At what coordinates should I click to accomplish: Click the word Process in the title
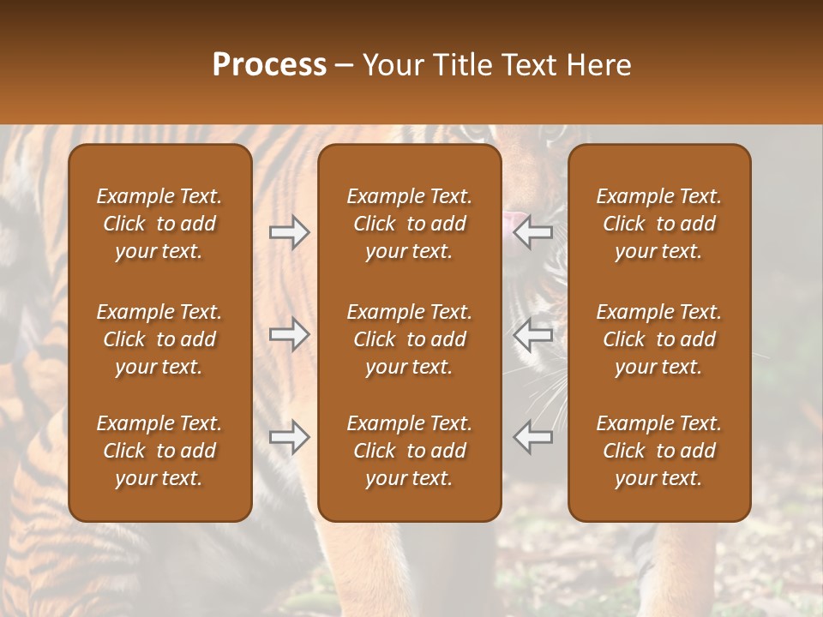(x=269, y=65)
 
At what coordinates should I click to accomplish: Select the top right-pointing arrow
(x=289, y=232)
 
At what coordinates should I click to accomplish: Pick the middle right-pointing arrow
(x=289, y=334)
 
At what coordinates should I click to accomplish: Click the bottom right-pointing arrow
(x=289, y=437)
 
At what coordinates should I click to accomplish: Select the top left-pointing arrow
(x=533, y=232)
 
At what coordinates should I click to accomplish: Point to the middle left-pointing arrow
(x=533, y=334)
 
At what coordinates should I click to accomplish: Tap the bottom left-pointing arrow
(x=533, y=437)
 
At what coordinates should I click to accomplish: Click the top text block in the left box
(x=159, y=224)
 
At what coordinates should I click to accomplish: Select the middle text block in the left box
(x=159, y=339)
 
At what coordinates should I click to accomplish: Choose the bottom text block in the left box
(x=159, y=451)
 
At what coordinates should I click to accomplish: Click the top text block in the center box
(x=410, y=224)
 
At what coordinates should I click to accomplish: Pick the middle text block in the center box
(x=410, y=339)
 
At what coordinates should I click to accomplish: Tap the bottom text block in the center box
(x=410, y=451)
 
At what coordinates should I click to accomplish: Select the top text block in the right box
(x=659, y=224)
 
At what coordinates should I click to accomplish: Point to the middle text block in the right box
(x=659, y=339)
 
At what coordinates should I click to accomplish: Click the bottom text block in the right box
(x=659, y=451)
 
